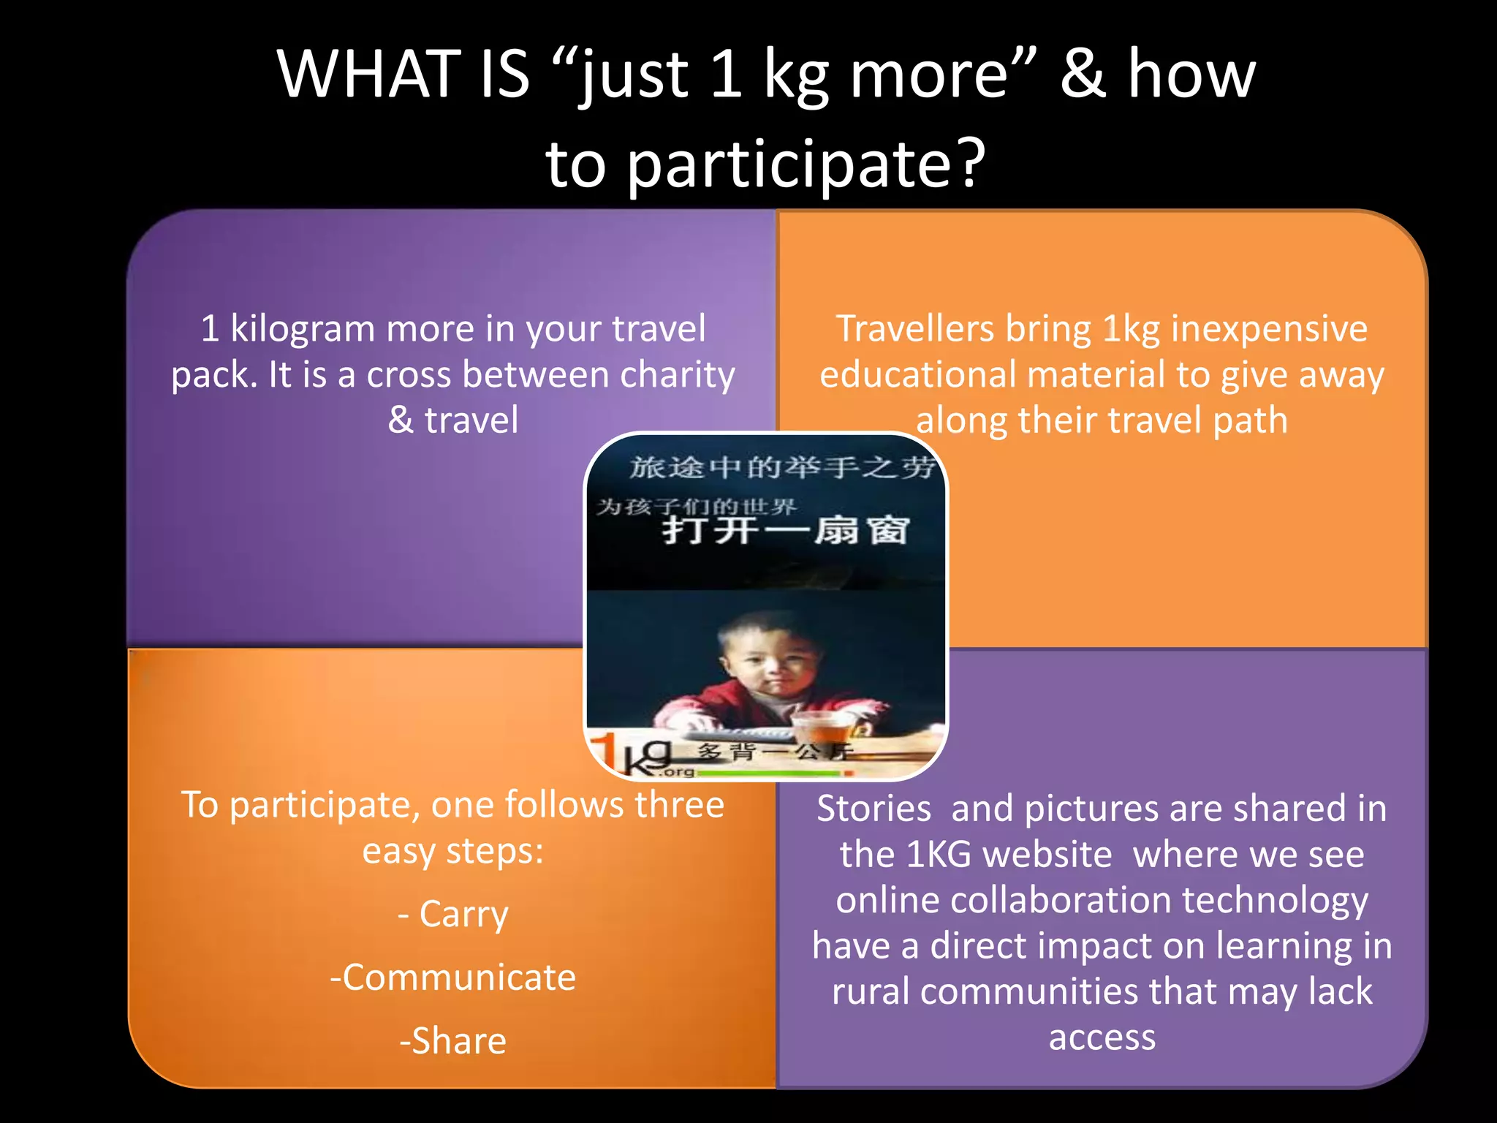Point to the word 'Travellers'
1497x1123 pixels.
[x=914, y=328]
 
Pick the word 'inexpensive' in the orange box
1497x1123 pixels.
[x=1269, y=328]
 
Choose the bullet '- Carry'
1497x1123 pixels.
[x=453, y=914]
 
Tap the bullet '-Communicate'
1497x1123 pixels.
[x=453, y=978]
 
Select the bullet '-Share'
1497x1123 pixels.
[x=453, y=1040]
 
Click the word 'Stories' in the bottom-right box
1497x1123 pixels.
[x=873, y=809]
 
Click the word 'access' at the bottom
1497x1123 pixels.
[x=1102, y=1037]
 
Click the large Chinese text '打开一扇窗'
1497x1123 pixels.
[x=786, y=530]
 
